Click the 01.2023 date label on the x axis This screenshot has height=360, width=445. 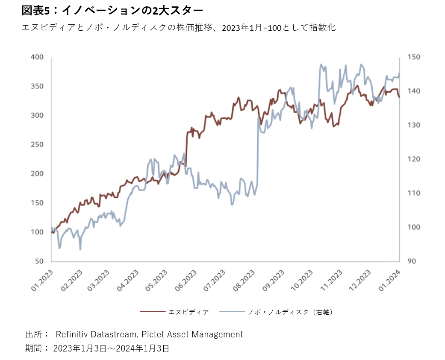click(42, 281)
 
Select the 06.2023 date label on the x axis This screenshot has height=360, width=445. click(187, 281)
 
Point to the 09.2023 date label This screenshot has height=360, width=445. click(274, 281)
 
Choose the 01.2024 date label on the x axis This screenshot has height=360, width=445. click(389, 281)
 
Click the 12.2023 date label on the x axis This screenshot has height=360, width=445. click(360, 281)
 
